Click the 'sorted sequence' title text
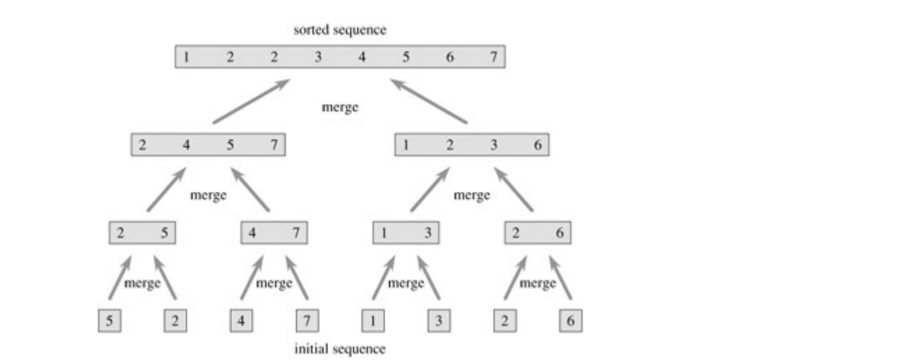click(340, 31)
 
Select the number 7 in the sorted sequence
click(493, 57)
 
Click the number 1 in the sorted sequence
click(186, 57)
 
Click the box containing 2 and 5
click(143, 233)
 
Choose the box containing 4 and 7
click(274, 233)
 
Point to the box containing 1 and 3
click(405, 233)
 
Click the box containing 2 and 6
click(537, 233)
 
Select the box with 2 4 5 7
click(208, 145)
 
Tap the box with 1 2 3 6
click(472, 145)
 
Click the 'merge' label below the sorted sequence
click(340, 108)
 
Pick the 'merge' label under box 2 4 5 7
click(209, 195)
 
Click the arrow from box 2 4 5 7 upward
click(250, 101)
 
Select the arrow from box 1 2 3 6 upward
click(429, 101)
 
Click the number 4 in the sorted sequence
click(362, 57)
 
